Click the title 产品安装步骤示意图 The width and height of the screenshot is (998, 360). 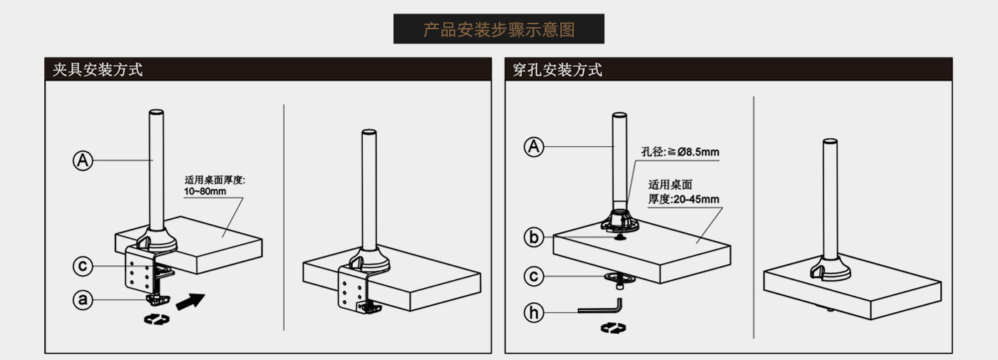[x=498, y=30]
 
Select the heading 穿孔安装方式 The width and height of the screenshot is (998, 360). [x=557, y=70]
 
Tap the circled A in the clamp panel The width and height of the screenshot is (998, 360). [x=83, y=160]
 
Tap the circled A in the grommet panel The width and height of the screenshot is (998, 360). [x=534, y=147]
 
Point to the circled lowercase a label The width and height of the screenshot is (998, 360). [x=83, y=300]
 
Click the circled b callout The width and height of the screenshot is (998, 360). [x=534, y=237]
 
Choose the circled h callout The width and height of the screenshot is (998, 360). [x=534, y=312]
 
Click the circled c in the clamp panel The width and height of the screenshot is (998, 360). [x=83, y=267]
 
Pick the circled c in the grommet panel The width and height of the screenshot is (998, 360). [x=534, y=275]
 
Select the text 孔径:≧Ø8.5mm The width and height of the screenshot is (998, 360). [x=679, y=152]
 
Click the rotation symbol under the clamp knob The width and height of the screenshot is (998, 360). [x=158, y=320]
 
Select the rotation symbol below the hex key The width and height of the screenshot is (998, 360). [x=613, y=329]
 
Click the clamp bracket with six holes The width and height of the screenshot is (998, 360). [x=139, y=271]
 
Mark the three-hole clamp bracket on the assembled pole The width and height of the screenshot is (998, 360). [x=349, y=292]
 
